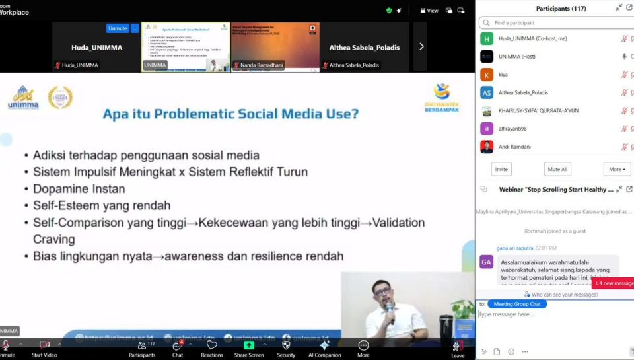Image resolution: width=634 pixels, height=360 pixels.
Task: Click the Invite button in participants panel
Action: pyautogui.click(x=501, y=169)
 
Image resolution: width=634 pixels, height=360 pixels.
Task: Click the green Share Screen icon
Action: pyautogui.click(x=249, y=345)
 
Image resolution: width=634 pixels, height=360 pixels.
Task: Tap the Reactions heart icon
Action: pyautogui.click(x=212, y=345)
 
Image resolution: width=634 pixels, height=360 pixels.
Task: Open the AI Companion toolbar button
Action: pyautogui.click(x=324, y=345)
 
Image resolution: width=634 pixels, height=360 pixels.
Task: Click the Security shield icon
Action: pyautogui.click(x=286, y=345)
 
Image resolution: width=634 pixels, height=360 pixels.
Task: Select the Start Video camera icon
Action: pyautogui.click(x=44, y=345)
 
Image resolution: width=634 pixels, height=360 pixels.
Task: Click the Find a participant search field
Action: pyautogui.click(x=555, y=23)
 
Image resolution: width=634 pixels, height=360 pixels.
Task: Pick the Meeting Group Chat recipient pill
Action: pyautogui.click(x=516, y=304)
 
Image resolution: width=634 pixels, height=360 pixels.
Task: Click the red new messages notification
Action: pyautogui.click(x=614, y=283)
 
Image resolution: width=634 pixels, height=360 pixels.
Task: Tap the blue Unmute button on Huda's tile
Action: pyautogui.click(x=118, y=28)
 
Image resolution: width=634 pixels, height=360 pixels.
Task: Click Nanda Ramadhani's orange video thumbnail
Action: pyautogui.click(x=275, y=46)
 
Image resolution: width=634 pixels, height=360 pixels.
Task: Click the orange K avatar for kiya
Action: pyautogui.click(x=487, y=75)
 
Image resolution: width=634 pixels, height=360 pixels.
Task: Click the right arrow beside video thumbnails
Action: pyautogui.click(x=421, y=46)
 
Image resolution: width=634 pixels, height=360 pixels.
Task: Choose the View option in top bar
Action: pyautogui.click(x=430, y=11)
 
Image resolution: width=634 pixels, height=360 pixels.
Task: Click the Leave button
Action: pyautogui.click(x=457, y=348)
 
